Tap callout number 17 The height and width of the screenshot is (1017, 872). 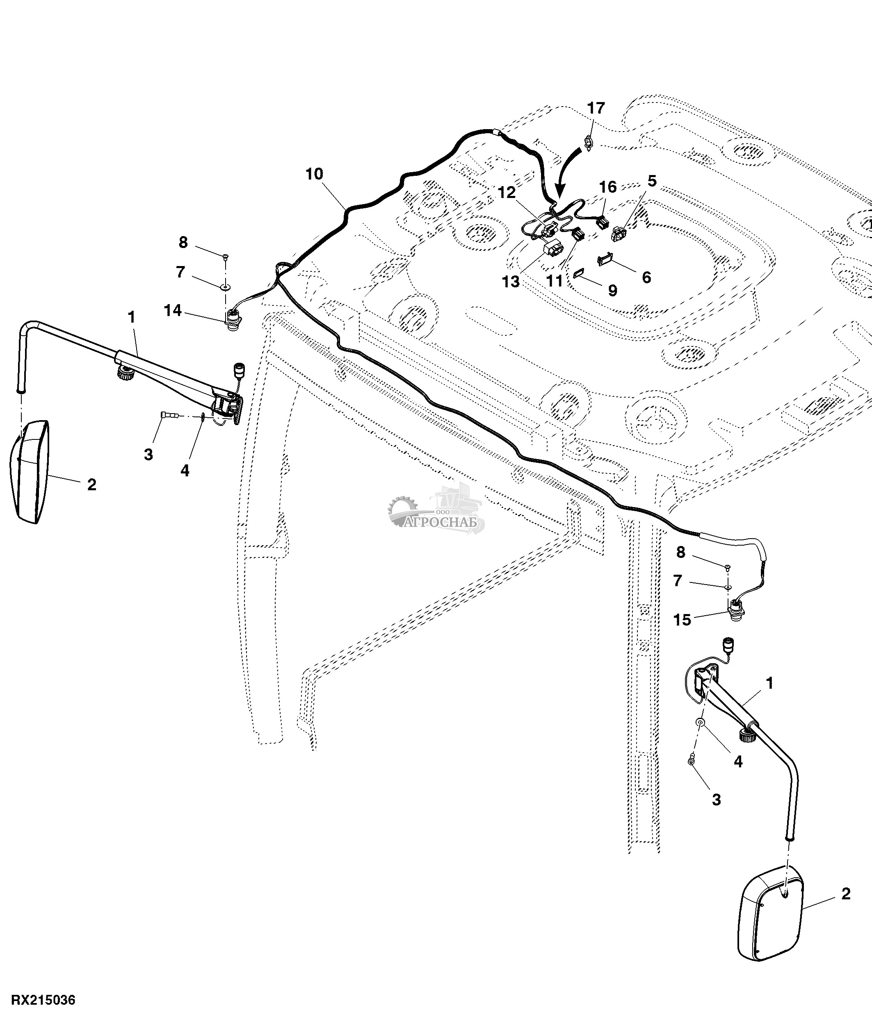coord(596,108)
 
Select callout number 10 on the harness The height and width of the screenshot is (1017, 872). coord(314,174)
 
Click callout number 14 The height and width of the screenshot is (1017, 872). coord(173,310)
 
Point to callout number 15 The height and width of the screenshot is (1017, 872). coord(682,620)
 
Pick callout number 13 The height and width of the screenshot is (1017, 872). coord(511,281)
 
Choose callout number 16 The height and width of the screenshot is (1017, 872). coord(607,187)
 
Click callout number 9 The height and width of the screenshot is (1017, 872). coord(612,290)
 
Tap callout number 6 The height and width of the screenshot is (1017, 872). coord(646,278)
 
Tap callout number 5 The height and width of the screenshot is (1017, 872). coord(652,181)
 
